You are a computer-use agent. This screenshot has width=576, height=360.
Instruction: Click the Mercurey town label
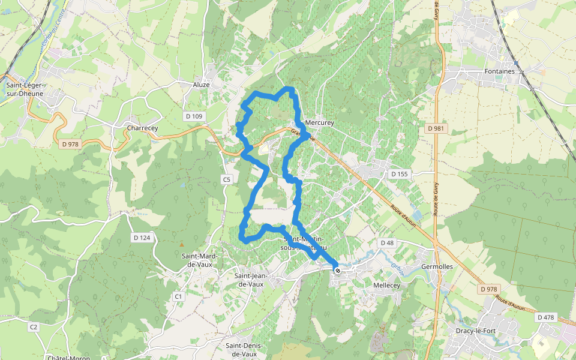tap(319, 122)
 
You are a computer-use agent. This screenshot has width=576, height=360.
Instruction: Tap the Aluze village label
tap(201, 85)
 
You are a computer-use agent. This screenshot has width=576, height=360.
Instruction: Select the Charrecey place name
tap(142, 128)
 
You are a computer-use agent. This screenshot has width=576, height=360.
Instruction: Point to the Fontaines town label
tap(499, 71)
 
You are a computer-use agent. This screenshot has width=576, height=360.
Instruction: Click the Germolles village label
tap(437, 266)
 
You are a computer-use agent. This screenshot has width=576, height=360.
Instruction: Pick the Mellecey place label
tap(386, 286)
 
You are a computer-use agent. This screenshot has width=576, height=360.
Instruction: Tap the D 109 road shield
tap(193, 115)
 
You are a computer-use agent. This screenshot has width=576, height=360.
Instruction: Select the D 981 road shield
tap(436, 128)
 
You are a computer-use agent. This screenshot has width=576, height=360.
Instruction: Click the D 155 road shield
tap(399, 174)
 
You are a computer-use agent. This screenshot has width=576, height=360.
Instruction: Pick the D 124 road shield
tap(142, 238)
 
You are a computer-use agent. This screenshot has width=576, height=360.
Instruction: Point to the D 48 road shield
tap(387, 242)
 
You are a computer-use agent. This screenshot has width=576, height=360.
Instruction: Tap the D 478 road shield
tap(546, 317)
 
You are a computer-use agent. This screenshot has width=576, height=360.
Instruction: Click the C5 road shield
tap(226, 179)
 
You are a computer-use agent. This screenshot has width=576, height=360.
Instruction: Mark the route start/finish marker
tap(338, 271)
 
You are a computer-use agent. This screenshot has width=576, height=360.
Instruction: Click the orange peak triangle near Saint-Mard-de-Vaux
tap(182, 244)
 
